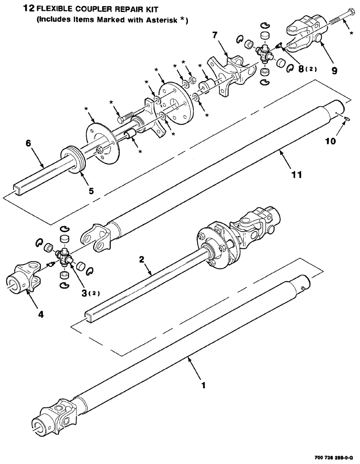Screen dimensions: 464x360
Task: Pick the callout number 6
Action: [x=29, y=145]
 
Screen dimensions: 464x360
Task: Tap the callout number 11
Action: [x=297, y=175]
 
